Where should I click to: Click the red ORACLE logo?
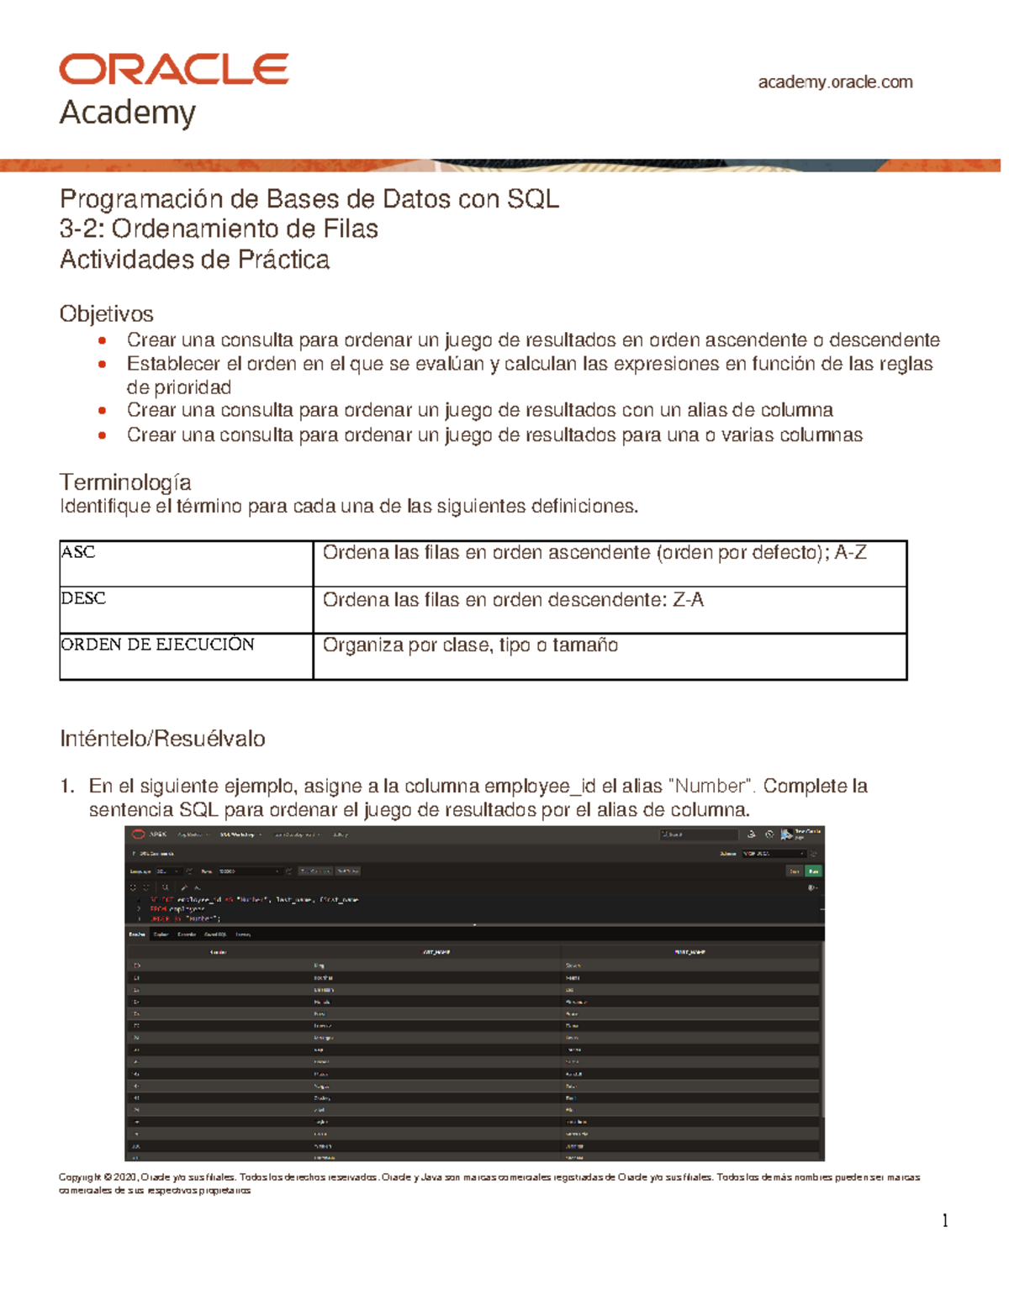coord(174,69)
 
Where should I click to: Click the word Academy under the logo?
coord(128,113)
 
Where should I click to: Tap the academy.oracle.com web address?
coord(835,82)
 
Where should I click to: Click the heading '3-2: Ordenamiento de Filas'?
coord(219,229)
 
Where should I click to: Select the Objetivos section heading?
coord(106,313)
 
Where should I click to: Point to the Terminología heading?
coord(125,481)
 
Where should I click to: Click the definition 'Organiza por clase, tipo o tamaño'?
coord(470,645)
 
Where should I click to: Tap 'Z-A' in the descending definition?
coord(688,600)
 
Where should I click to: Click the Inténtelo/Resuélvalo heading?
coord(162,739)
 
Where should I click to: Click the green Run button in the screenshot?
coord(813,871)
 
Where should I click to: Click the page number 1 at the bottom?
coord(945,1220)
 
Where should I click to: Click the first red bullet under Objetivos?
coord(102,340)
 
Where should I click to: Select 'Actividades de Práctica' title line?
coord(194,260)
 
